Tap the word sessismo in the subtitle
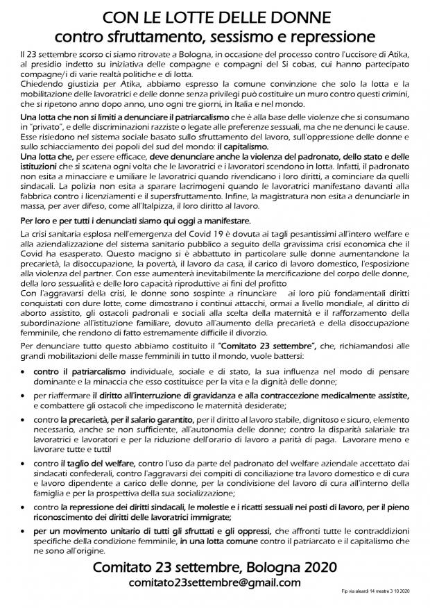coord(244,34)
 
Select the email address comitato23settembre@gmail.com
coord(215,582)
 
